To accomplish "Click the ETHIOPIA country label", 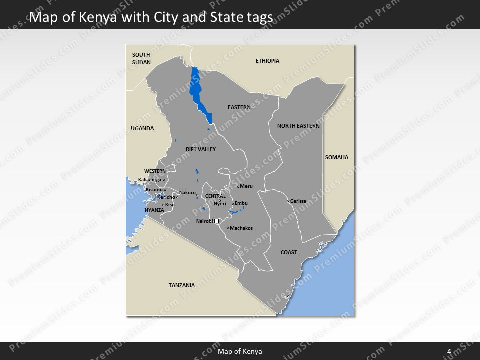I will pos(267,61).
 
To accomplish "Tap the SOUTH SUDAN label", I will pos(141,58).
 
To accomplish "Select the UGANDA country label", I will pos(142,128).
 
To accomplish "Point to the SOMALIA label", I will pos(337,157).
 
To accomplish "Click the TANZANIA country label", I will pos(181,285).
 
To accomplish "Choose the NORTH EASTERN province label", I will pos(298,126).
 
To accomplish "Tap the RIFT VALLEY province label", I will pos(200,149).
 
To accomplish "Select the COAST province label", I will pos(289,252).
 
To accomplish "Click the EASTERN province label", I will pos(239,107).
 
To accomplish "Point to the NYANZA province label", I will pos(154,210).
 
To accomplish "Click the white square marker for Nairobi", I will pos(216,221).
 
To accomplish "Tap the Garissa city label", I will pos(298,201).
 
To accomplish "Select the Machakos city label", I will pos(241,228).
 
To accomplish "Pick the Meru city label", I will pos(246,186).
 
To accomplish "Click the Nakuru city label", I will pos(187,193).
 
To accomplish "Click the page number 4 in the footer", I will pos(449,351).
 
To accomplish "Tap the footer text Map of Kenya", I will pos(240,351).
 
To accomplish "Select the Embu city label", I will pos(241,203).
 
